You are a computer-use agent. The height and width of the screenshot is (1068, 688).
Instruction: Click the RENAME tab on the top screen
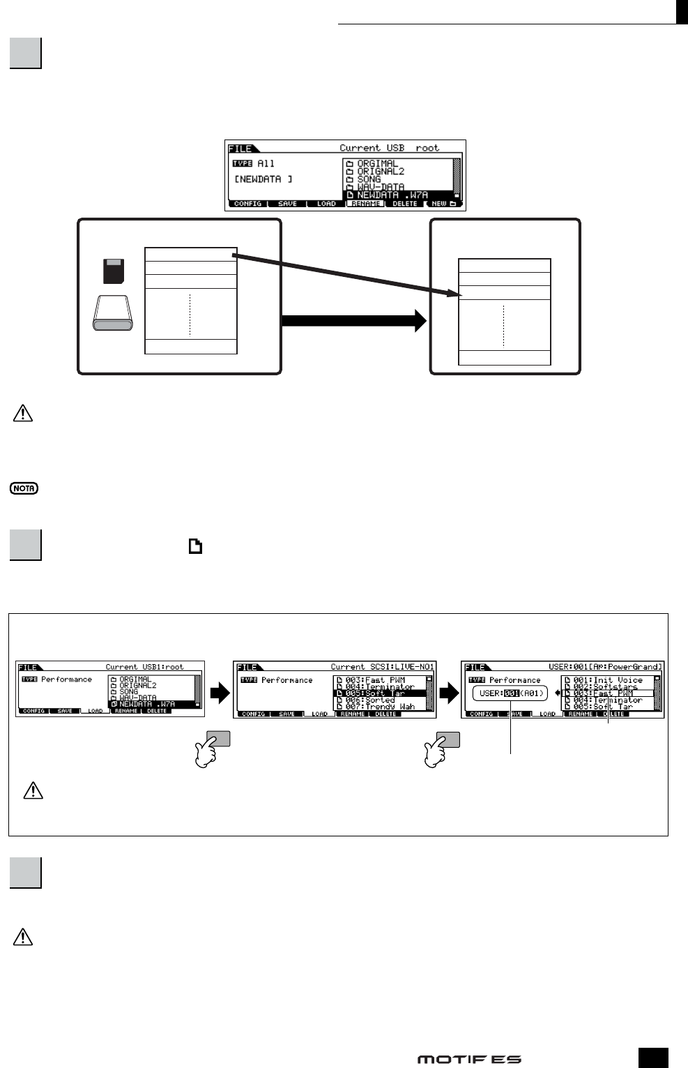[x=365, y=204]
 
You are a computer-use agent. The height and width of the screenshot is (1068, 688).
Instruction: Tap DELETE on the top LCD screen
[x=404, y=204]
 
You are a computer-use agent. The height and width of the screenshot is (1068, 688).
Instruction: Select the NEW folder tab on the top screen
[x=443, y=204]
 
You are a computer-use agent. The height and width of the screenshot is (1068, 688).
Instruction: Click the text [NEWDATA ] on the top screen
[x=263, y=179]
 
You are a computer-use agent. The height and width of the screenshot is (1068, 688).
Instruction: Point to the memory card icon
[x=114, y=271]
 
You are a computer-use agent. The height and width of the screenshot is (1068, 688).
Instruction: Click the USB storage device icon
[x=113, y=313]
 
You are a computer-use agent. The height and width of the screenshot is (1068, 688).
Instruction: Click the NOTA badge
[x=24, y=488]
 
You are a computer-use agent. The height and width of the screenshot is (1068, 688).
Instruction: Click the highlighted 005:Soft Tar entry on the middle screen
[x=379, y=693]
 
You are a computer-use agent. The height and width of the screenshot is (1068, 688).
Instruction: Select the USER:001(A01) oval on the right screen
[x=511, y=693]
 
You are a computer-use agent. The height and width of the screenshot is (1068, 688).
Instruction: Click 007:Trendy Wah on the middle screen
[x=379, y=707]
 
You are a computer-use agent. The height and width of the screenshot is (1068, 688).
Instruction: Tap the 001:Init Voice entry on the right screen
[x=606, y=679]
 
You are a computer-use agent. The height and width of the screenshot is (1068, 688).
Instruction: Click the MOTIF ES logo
[x=469, y=1059]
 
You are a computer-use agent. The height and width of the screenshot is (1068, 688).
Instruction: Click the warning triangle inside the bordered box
[x=33, y=790]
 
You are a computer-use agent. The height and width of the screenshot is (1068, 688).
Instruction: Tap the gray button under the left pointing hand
[x=218, y=739]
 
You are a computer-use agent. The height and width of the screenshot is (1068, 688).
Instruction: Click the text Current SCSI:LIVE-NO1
[x=382, y=667]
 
